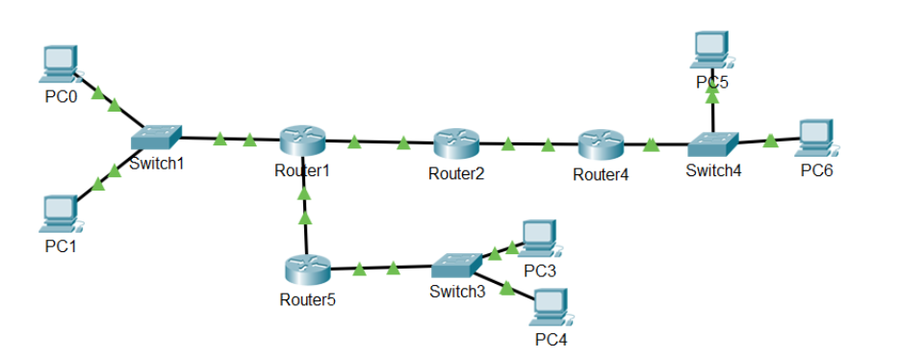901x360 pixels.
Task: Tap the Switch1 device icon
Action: (x=157, y=138)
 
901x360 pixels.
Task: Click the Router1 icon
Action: (x=303, y=142)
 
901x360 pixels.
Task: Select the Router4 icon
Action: (x=602, y=145)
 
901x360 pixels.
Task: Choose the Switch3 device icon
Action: (x=455, y=263)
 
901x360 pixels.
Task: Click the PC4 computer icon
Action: (x=548, y=307)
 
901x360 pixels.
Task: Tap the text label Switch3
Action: (x=456, y=292)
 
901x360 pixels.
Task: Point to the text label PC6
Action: (x=816, y=170)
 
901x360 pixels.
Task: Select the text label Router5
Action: (x=307, y=298)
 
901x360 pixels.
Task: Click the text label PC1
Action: (x=61, y=245)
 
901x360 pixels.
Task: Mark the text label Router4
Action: (x=601, y=175)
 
